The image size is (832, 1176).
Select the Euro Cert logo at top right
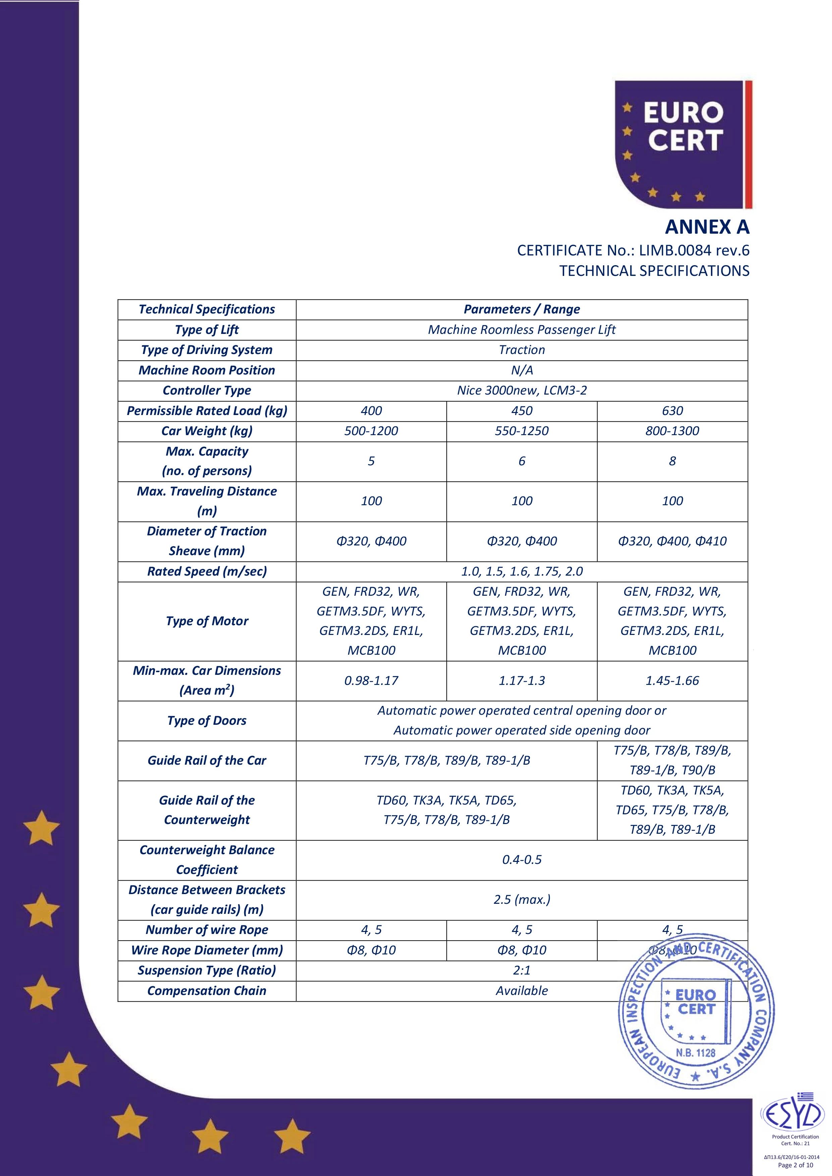click(683, 144)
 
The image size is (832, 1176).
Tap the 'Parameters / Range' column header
click(521, 309)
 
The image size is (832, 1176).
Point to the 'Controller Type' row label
click(207, 390)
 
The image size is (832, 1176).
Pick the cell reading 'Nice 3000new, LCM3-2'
click(521, 390)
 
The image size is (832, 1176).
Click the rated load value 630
click(672, 411)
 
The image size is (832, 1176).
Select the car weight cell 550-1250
click(521, 431)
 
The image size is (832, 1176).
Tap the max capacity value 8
click(672, 461)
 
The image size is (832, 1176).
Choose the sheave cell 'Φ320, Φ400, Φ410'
click(672, 541)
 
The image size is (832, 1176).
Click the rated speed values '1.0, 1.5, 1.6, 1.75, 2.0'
click(521, 571)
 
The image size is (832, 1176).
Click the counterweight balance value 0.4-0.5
click(521, 860)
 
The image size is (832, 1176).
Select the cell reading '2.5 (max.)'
click(521, 899)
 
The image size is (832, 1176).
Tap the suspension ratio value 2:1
click(521, 970)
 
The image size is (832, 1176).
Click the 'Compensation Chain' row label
click(207, 991)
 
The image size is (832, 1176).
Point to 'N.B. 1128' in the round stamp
click(695, 1053)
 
